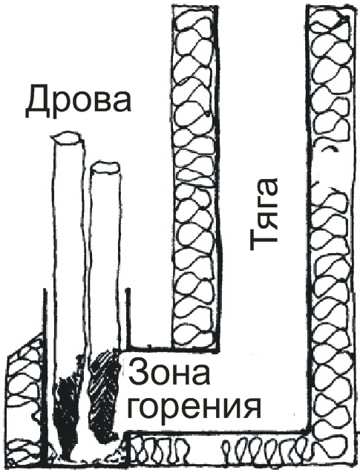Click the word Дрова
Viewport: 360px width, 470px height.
pyautogui.click(x=78, y=102)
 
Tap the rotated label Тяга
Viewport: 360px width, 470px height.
pyautogui.click(x=264, y=215)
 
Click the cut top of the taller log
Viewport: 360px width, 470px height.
pyautogui.click(x=68, y=138)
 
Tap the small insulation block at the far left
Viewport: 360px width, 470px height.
pyautogui.click(x=25, y=402)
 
